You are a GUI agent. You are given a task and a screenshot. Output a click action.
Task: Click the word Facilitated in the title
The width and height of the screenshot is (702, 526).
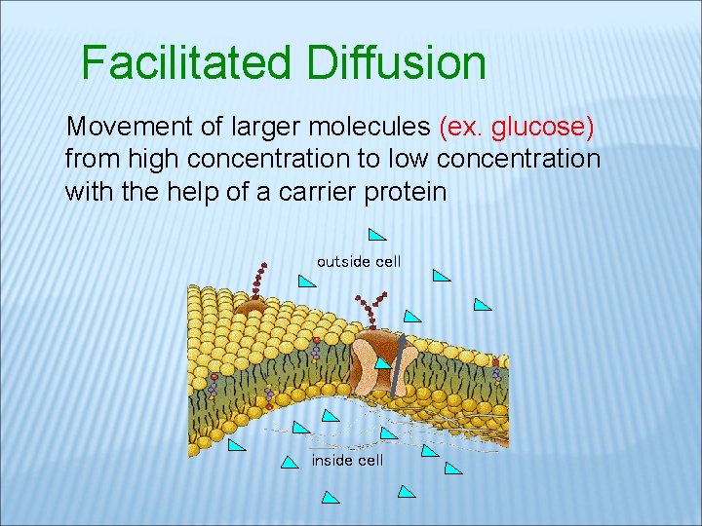185,63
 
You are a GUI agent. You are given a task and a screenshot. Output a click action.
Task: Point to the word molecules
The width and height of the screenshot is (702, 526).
375,127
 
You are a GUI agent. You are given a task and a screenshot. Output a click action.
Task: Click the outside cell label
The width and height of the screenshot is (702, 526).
359,261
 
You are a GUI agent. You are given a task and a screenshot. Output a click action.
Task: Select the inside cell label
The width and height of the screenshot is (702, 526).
347,460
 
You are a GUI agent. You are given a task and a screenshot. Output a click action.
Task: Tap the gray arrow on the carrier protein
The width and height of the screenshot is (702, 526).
395,365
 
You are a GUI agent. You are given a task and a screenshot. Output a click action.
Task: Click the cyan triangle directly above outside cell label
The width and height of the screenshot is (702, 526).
377,234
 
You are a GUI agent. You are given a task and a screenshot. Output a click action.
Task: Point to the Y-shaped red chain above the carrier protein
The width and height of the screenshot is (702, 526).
371,310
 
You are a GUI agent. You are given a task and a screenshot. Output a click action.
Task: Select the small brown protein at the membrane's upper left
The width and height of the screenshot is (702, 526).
251,306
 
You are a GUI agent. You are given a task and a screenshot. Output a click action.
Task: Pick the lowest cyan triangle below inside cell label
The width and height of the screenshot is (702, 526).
331,498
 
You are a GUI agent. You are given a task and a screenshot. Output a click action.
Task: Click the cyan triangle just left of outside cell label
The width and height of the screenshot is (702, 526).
307,282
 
